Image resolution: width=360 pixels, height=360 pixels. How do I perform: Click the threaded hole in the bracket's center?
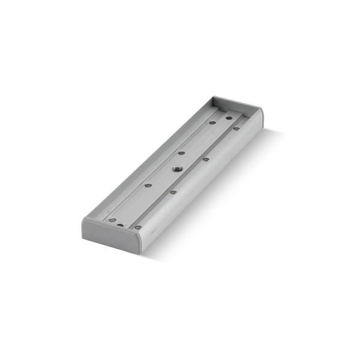[177, 170]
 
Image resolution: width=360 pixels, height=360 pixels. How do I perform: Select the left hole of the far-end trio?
[212, 122]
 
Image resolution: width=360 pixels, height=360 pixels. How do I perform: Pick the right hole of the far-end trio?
[236, 128]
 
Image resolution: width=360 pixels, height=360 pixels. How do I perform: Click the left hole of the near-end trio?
[112, 220]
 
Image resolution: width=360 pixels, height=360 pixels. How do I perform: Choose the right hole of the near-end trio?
[138, 227]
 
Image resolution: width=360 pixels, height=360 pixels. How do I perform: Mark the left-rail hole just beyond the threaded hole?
[182, 153]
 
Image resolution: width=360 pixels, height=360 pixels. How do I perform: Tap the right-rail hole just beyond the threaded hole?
[206, 159]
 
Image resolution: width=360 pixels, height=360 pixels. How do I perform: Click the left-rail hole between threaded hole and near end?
[147, 186]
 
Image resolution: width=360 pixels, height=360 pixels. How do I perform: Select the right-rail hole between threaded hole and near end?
[173, 192]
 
